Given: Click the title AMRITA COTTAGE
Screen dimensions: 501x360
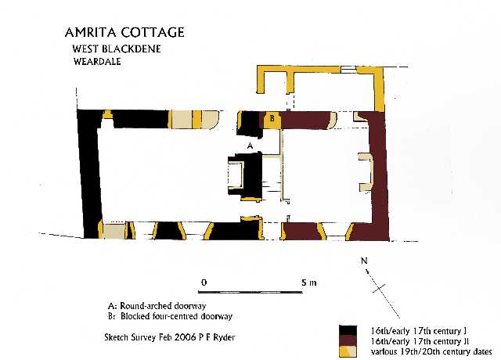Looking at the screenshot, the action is click(124, 32).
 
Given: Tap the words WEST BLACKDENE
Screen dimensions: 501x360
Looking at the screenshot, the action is click(117, 49).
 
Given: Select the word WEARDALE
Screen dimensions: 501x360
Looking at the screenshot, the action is click(97, 61).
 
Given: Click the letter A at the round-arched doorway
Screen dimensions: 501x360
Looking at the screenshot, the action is click(250, 146).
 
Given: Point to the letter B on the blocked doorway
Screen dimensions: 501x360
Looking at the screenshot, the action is click(272, 118).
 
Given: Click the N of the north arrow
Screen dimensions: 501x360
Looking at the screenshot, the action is click(364, 261).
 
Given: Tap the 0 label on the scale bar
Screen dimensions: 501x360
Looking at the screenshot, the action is click(204, 283).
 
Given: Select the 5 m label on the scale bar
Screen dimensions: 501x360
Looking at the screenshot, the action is click(309, 283).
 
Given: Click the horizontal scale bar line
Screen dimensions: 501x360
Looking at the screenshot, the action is click(250, 292).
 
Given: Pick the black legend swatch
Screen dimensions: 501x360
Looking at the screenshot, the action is click(348, 330).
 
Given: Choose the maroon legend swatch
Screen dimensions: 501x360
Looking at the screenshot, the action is click(348, 340).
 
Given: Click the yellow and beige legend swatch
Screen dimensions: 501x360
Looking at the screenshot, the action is click(348, 351).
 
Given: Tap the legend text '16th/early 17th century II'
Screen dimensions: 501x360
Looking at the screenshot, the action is click(420, 341).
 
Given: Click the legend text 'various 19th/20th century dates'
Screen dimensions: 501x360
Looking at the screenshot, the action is click(431, 351).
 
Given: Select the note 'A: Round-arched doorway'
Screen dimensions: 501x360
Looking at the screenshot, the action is click(157, 306).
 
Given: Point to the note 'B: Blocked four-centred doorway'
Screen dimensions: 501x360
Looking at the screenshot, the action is click(171, 316).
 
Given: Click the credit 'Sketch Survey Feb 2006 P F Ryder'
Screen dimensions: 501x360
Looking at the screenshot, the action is click(170, 337).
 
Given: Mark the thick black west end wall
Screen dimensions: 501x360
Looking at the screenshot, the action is click(90, 174).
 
